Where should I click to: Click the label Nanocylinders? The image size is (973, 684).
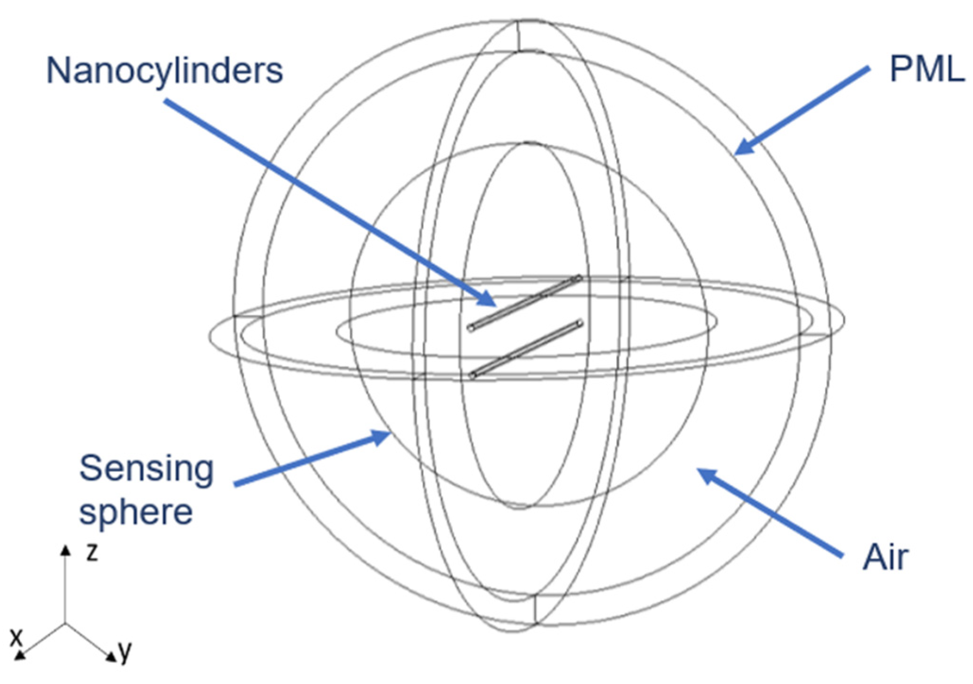click(164, 71)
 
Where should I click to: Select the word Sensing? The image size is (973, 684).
click(146, 469)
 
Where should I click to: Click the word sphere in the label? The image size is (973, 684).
click(136, 512)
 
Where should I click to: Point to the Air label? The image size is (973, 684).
click(886, 557)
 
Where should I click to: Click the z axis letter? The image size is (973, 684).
click(92, 552)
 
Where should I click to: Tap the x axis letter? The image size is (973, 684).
click(17, 637)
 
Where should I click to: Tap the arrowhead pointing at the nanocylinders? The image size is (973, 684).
click(489, 302)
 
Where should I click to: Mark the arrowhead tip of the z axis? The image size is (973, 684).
click(66, 548)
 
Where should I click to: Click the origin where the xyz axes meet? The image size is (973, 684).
click(65, 624)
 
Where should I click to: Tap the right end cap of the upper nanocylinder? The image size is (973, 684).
click(577, 279)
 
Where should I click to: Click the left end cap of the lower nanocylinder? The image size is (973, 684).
click(473, 375)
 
